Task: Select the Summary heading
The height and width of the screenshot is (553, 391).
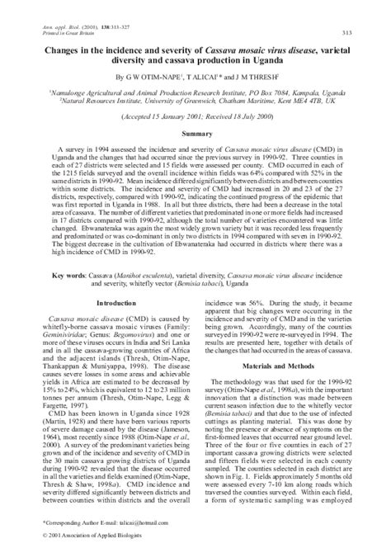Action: (195, 132)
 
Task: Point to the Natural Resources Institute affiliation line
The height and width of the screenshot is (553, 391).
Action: (195, 97)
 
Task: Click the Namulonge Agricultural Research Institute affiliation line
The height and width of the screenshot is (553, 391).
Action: (195, 87)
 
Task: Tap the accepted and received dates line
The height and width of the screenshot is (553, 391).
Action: (195, 114)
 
